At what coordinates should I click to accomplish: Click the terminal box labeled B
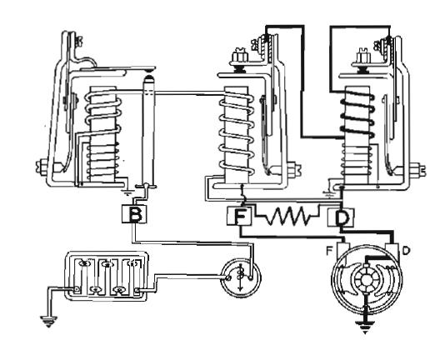point(134,213)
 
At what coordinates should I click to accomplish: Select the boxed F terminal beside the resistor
point(240,216)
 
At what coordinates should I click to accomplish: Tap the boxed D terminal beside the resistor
point(341,217)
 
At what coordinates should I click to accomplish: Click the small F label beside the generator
point(329,252)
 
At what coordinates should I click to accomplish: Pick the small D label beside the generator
point(406,251)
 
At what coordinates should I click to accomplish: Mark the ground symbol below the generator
point(365,326)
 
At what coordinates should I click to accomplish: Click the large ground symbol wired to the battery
point(48,321)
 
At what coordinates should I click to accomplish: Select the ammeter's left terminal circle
point(228,277)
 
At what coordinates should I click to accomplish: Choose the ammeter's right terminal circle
point(252,277)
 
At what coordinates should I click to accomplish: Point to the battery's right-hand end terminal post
point(138,291)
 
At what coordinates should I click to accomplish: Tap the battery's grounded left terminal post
point(76,290)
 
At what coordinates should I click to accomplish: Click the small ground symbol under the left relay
point(127,192)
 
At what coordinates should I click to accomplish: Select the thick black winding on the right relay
point(357,114)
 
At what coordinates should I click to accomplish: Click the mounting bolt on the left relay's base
point(41,167)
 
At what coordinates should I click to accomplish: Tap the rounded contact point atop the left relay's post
point(148,78)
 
